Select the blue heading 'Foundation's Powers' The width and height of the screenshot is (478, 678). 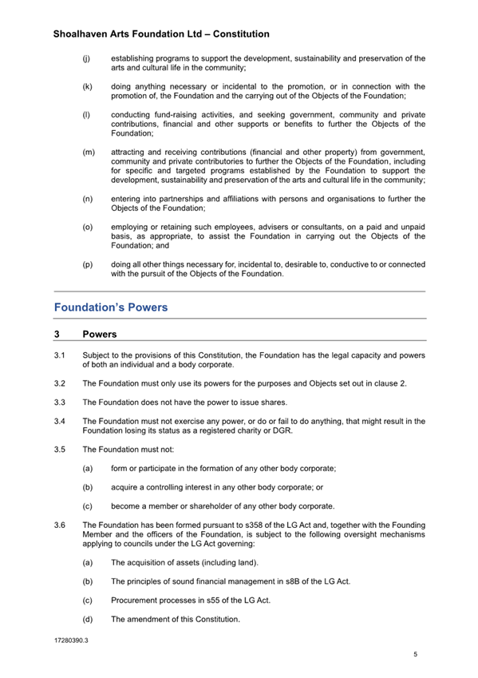111,307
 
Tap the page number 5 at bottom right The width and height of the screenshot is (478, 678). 415,655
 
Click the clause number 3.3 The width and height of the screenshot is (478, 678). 59,402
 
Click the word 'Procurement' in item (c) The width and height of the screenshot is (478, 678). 136,600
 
